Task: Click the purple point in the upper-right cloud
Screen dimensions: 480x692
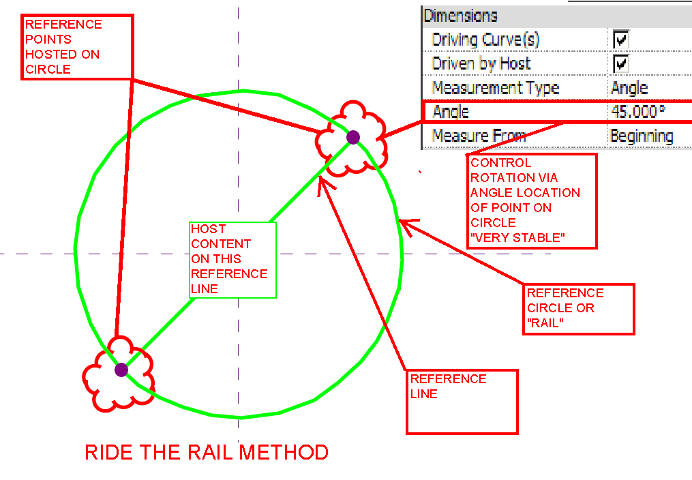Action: (x=352, y=137)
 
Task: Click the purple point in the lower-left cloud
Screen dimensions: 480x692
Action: (x=121, y=370)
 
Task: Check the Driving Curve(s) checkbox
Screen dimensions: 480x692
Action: (x=620, y=40)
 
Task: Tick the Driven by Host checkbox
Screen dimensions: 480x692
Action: (x=620, y=64)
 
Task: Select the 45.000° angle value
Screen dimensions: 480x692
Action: (x=637, y=111)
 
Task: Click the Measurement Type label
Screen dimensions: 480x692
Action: (x=496, y=88)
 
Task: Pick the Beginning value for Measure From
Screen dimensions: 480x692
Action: (x=641, y=136)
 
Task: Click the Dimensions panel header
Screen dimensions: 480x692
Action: (x=461, y=16)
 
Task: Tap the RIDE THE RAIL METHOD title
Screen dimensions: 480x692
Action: (x=207, y=452)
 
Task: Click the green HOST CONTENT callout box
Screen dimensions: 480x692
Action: (x=232, y=259)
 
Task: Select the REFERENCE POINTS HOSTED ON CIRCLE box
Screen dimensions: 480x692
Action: (x=76, y=46)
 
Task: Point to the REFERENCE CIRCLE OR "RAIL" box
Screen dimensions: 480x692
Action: (x=580, y=309)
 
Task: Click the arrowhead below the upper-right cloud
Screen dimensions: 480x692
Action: (x=322, y=185)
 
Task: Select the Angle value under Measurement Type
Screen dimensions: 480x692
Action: (x=629, y=88)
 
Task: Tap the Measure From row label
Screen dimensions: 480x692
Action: (x=479, y=136)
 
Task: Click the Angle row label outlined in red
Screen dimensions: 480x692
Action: (x=451, y=111)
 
